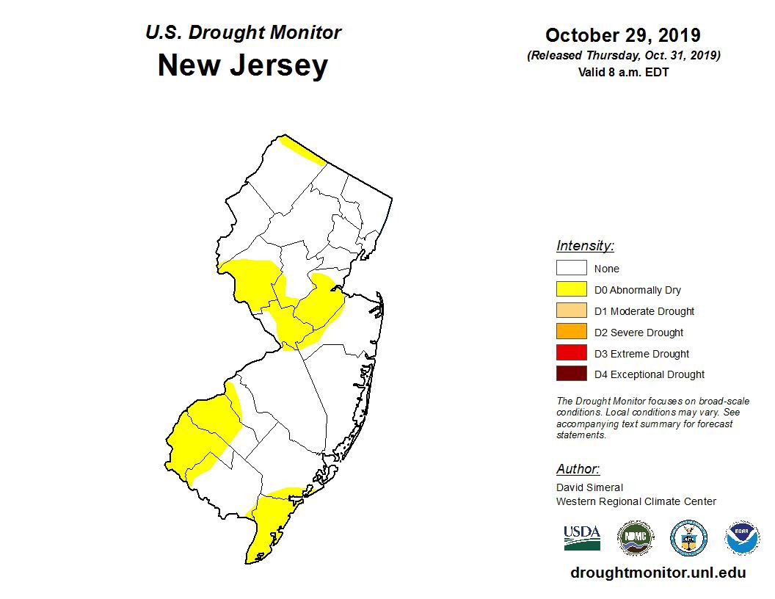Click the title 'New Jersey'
(242, 66)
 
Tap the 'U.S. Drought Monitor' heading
(242, 33)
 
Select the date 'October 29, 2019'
(622, 35)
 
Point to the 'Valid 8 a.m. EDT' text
(623, 72)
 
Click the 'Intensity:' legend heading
(585, 246)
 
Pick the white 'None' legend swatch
(571, 269)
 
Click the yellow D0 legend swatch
(571, 290)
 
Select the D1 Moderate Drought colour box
(571, 311)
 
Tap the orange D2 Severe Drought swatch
(571, 333)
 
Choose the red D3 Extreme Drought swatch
(571, 354)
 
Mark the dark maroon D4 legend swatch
(571, 374)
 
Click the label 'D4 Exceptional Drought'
(649, 374)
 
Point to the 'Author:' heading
(578, 469)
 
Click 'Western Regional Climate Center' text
(636, 501)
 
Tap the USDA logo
(582, 537)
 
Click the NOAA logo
(742, 538)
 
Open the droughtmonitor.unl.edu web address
(658, 573)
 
